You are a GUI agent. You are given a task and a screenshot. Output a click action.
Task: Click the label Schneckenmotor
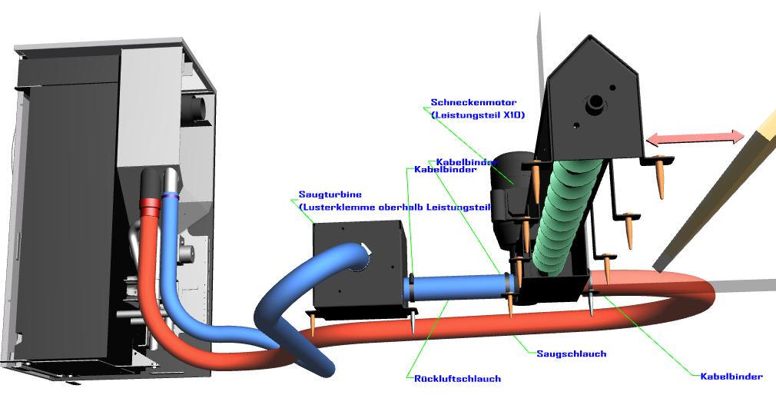473,102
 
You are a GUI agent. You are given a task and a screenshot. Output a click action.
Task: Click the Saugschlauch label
571,354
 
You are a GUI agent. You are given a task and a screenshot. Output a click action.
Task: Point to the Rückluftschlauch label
453,378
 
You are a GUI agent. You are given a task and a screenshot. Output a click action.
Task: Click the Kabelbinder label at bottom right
731,377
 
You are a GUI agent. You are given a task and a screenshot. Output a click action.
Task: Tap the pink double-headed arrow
695,138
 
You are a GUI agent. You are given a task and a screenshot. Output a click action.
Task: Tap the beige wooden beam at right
722,184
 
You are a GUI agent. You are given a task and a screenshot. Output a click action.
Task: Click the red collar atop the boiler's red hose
151,205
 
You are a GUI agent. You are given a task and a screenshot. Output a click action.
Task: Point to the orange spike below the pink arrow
661,181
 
